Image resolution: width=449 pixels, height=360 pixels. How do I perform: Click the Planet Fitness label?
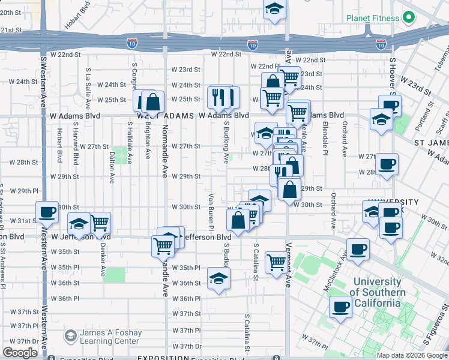click(x=373, y=17)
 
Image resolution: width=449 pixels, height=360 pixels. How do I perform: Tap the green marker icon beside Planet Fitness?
click(x=409, y=17)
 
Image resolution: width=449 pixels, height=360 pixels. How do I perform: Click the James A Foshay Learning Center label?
click(x=111, y=337)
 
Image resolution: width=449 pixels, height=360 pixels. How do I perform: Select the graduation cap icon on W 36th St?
click(x=218, y=278)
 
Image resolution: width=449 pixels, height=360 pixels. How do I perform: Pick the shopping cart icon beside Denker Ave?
click(x=100, y=223)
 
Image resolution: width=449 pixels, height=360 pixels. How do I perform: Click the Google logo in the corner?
click(x=20, y=353)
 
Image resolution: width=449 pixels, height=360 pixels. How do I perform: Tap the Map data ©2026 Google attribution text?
click(x=412, y=355)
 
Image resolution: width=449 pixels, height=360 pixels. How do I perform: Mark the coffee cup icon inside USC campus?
click(x=341, y=307)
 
